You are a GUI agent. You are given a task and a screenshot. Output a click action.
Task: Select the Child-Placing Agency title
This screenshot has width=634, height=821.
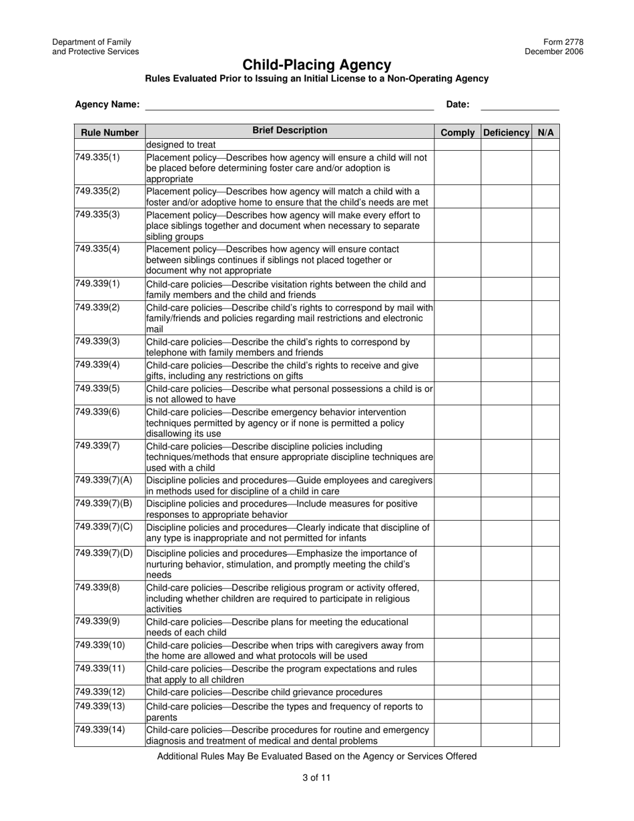[x=316, y=65]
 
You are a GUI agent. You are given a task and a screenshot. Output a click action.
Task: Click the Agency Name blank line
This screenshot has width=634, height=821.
[x=289, y=105]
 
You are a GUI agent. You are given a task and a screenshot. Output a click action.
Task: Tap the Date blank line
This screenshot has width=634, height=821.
[x=519, y=105]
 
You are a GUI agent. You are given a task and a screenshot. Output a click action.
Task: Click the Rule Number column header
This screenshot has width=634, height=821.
[x=109, y=132]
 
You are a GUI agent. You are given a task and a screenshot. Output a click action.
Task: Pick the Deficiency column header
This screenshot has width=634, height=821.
[x=506, y=132]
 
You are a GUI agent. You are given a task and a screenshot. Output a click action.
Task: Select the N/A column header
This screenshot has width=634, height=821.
[x=545, y=132]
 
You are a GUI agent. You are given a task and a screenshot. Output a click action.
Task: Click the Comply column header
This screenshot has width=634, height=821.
[x=457, y=132]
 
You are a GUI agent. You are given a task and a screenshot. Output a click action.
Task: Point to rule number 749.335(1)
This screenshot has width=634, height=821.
[x=97, y=158]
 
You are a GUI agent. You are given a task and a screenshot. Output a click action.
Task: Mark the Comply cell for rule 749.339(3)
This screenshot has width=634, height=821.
[x=457, y=347]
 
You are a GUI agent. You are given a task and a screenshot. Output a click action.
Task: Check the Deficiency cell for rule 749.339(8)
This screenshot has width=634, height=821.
[x=506, y=598]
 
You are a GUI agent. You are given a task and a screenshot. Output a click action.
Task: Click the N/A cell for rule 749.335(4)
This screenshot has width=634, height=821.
[x=545, y=260]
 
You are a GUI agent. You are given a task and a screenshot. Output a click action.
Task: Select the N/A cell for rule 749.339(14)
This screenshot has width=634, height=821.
[x=545, y=735]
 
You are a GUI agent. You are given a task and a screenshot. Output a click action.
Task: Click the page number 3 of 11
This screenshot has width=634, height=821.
[x=316, y=778]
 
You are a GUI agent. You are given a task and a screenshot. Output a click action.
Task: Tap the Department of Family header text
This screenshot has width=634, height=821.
[x=91, y=42]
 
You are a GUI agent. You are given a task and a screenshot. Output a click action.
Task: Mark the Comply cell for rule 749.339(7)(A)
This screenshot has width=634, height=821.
[x=457, y=486]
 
